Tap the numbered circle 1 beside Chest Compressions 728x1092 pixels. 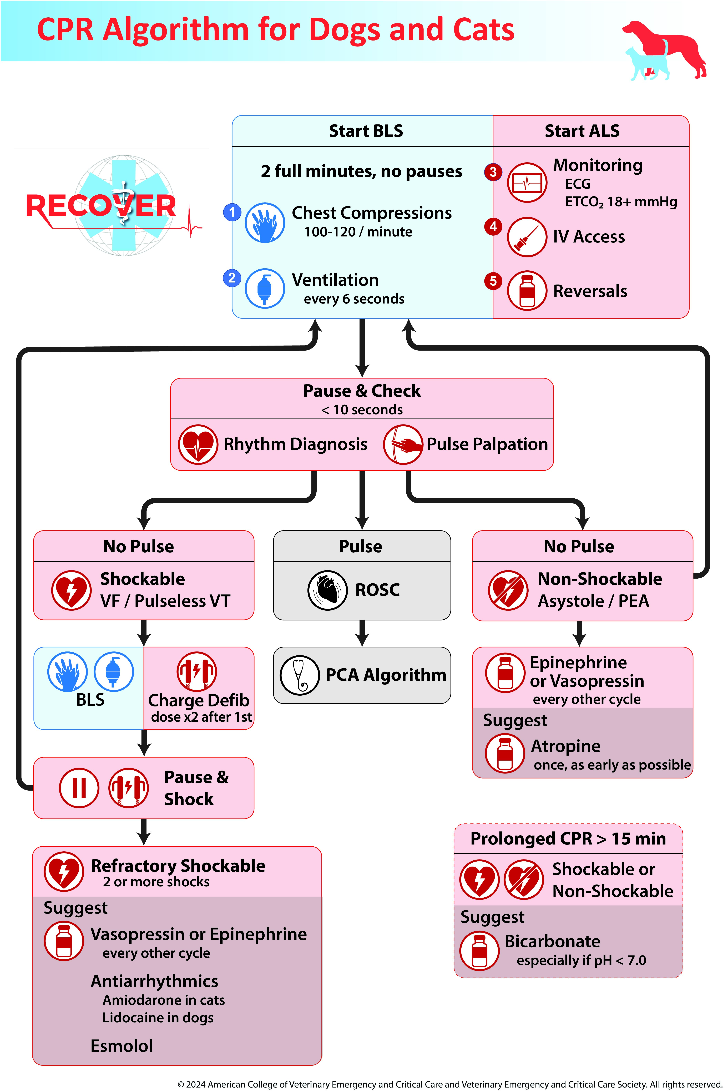click(232, 212)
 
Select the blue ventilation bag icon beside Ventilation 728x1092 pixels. click(265, 288)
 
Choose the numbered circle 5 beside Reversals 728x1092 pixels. click(493, 281)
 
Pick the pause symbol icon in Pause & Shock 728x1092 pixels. click(79, 788)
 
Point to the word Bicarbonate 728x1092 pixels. click(553, 941)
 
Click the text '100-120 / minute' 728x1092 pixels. click(358, 232)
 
